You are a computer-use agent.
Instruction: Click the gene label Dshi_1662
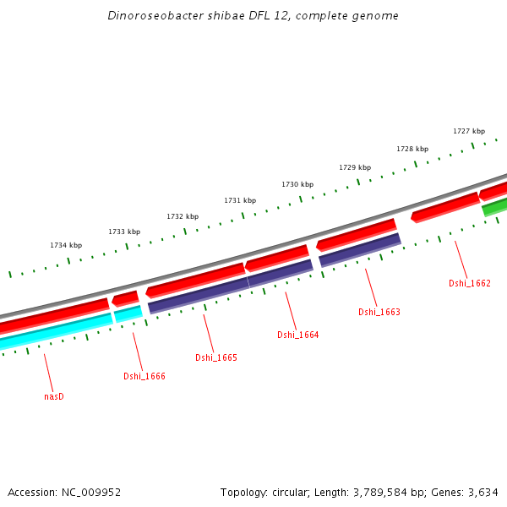pos(469,283)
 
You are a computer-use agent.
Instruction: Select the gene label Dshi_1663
pos(379,312)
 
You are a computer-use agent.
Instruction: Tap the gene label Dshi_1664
pos(297,335)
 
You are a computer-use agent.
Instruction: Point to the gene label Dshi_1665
pos(215,357)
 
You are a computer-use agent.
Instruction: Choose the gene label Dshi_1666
pos(144,376)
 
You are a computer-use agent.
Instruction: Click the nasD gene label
pos(54,395)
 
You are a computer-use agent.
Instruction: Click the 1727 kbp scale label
pos(469,131)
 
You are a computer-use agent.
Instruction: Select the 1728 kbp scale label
pos(412,149)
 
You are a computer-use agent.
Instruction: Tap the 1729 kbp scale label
pos(355,167)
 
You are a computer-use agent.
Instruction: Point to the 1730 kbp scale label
pos(297,184)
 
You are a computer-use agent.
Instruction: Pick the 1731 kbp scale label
pos(240,200)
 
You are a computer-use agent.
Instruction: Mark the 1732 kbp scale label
pos(183,216)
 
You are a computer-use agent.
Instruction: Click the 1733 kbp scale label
pos(124,232)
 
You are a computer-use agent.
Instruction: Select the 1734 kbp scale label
pos(66,245)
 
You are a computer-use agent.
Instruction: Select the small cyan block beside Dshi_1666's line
pos(128,314)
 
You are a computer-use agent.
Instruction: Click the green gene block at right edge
pos(494,206)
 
